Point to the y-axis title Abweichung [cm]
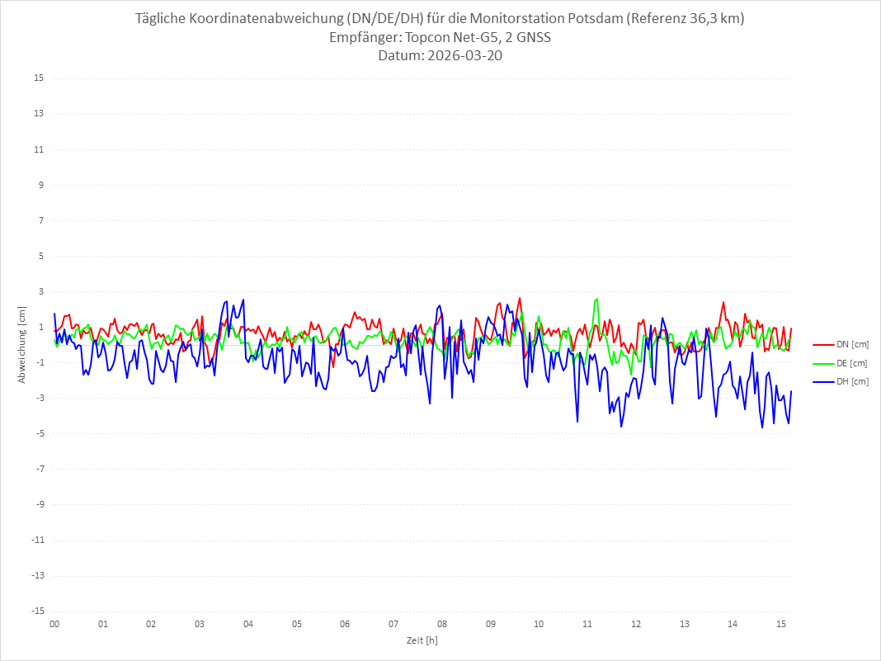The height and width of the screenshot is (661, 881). [x=22, y=345]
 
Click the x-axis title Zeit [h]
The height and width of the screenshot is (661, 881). [x=422, y=640]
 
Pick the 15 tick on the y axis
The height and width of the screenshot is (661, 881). [x=39, y=78]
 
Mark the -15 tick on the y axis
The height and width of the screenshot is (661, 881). [x=37, y=611]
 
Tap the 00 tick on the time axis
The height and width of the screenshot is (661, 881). [x=54, y=624]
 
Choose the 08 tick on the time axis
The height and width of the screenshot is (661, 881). [x=442, y=624]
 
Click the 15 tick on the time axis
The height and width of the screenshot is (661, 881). [x=781, y=624]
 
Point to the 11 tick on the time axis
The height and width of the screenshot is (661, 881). [x=587, y=624]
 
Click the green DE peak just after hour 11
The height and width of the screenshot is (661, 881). [x=596, y=299]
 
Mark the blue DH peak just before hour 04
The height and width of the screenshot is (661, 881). [x=243, y=300]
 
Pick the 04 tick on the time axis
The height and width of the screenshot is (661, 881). [x=248, y=624]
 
